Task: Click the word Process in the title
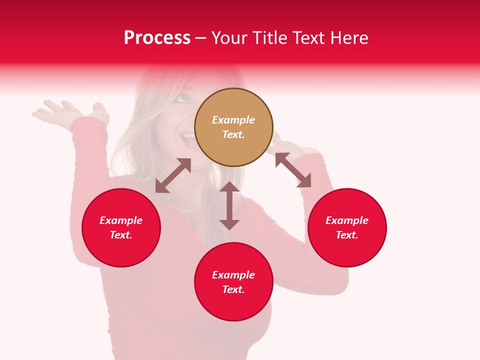(x=157, y=38)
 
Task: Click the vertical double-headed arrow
(x=229, y=205)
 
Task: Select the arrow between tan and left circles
(x=173, y=175)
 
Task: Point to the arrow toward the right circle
(x=293, y=170)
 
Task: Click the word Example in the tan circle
(x=233, y=120)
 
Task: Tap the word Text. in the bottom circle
(x=233, y=289)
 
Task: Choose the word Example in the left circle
(x=121, y=220)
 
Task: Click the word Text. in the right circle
(x=347, y=235)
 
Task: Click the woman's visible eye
(x=182, y=98)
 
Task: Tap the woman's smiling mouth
(x=188, y=137)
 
